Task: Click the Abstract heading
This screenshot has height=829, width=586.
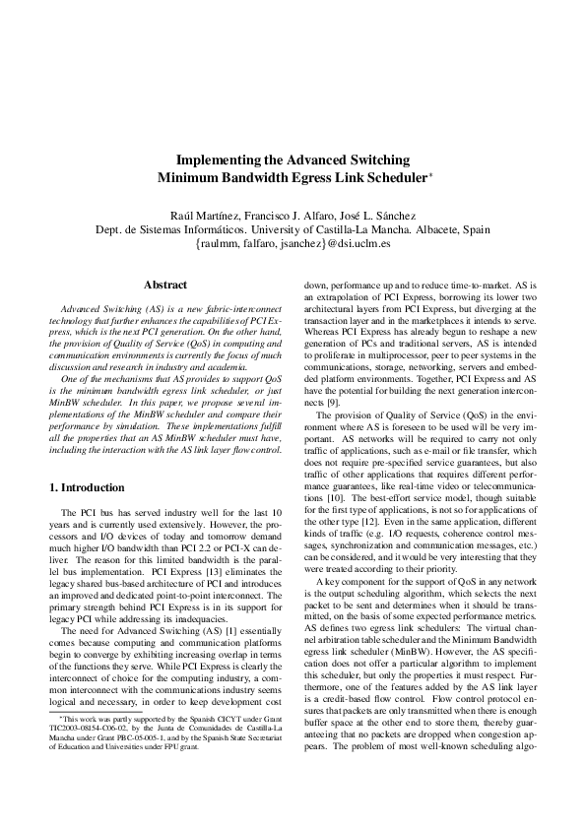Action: [x=165, y=286]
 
